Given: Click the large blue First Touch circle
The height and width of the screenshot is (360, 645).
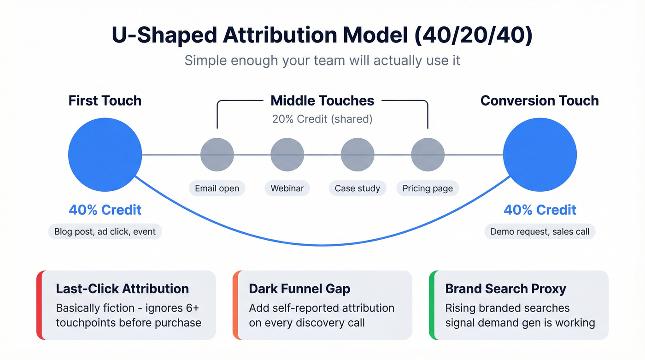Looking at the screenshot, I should coord(105,154).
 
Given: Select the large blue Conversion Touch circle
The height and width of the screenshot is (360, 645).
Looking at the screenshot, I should coord(539,154).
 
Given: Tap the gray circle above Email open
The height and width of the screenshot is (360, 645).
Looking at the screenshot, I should coord(217,154).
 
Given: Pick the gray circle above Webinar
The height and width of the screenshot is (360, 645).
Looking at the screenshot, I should coord(287,154).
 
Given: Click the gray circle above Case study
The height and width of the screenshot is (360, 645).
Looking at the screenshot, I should coord(358,154).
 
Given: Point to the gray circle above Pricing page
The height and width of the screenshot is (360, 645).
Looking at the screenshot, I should coord(428,154).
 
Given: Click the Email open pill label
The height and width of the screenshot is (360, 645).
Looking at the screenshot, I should coord(217,188).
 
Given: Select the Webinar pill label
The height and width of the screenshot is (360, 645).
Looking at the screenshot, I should coord(287,188).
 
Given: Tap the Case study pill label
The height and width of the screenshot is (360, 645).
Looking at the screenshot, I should coord(358,188).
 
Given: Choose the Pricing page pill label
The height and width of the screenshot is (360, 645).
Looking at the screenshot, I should coord(428,188).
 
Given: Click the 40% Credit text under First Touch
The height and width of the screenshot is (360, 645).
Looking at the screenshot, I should coord(105,210).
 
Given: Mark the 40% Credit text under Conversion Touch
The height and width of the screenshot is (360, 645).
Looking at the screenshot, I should coord(539,210).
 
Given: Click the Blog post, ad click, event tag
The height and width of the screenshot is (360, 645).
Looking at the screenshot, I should coord(105,231).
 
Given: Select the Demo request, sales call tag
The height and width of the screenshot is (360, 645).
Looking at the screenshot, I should coord(539,231).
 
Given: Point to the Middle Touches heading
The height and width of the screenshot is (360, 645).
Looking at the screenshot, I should coord(322,100).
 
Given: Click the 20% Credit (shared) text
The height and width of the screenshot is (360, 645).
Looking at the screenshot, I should coord(322,119).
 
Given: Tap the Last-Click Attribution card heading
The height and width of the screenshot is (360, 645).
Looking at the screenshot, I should coord(122,289).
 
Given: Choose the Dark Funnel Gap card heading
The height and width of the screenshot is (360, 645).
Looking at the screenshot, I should coord(299,289).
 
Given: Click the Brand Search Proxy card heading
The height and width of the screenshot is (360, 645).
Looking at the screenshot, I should coord(505,289).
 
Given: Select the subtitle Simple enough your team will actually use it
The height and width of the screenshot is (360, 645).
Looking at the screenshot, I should coord(322,60).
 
